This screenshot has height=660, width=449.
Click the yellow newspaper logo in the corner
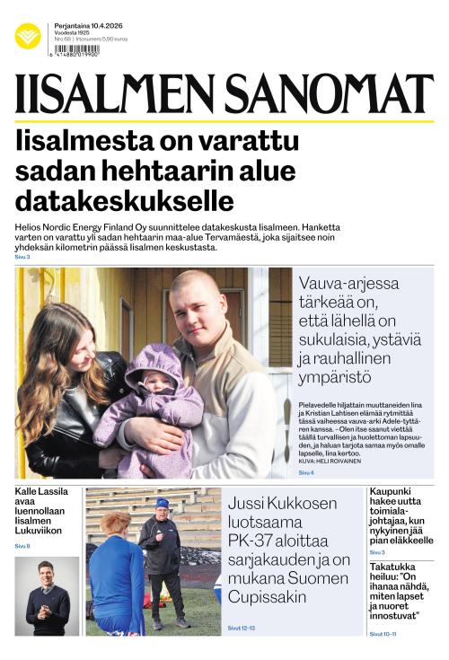pos(28,36)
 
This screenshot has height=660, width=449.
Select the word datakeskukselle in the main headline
pos(125,200)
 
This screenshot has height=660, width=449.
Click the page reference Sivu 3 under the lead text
pos(22,257)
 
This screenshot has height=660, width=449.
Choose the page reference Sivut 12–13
pos(242,628)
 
